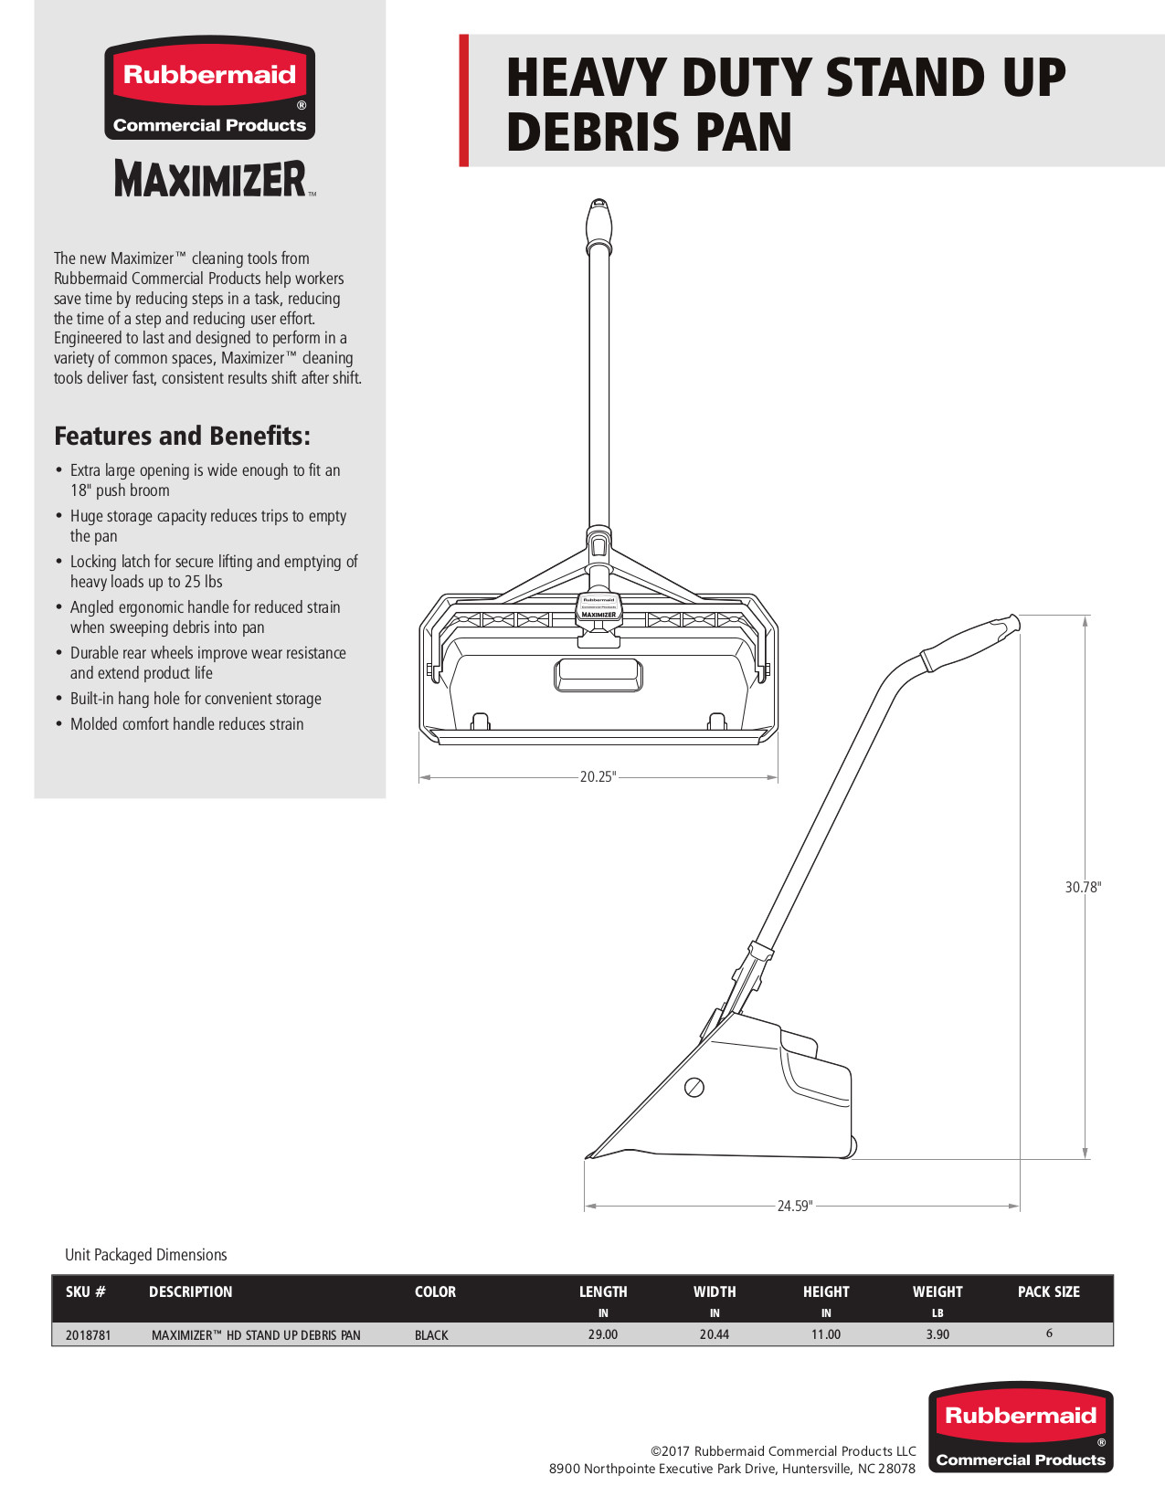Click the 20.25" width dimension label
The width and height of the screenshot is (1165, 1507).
click(598, 777)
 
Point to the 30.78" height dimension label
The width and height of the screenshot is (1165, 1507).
click(1083, 887)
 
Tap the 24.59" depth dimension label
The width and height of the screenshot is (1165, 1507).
click(794, 1206)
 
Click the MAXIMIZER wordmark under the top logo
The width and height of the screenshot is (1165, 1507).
click(210, 179)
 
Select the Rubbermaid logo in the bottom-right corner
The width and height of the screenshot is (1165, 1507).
click(1021, 1428)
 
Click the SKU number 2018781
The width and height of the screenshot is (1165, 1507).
click(89, 1335)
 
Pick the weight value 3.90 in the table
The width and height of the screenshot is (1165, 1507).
click(937, 1334)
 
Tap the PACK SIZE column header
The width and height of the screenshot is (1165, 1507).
click(1048, 1291)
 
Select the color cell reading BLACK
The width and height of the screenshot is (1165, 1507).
click(431, 1335)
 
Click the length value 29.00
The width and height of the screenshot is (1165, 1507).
click(603, 1334)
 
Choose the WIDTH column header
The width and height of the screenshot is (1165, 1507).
click(715, 1291)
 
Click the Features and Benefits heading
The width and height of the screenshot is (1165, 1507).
click(182, 436)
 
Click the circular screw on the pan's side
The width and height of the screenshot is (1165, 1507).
click(694, 1087)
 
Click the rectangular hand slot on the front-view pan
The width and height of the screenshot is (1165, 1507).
click(598, 675)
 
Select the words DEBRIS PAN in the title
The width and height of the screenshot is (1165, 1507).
click(649, 132)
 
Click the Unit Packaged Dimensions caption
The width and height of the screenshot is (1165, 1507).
click(146, 1255)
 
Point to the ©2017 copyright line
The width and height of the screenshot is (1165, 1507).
click(783, 1451)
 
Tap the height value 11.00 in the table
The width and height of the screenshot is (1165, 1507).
click(826, 1334)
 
